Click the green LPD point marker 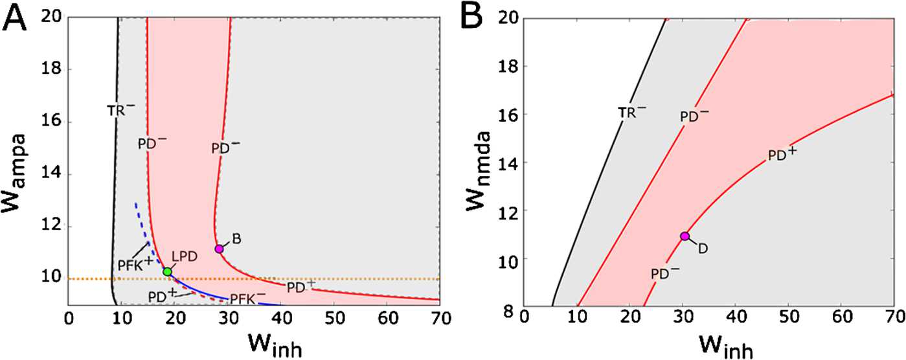point(168,271)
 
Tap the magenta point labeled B point(219,249)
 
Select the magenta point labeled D point(684,236)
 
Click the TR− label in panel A point(121,109)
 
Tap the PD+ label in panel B point(782,155)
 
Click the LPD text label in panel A point(188,258)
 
